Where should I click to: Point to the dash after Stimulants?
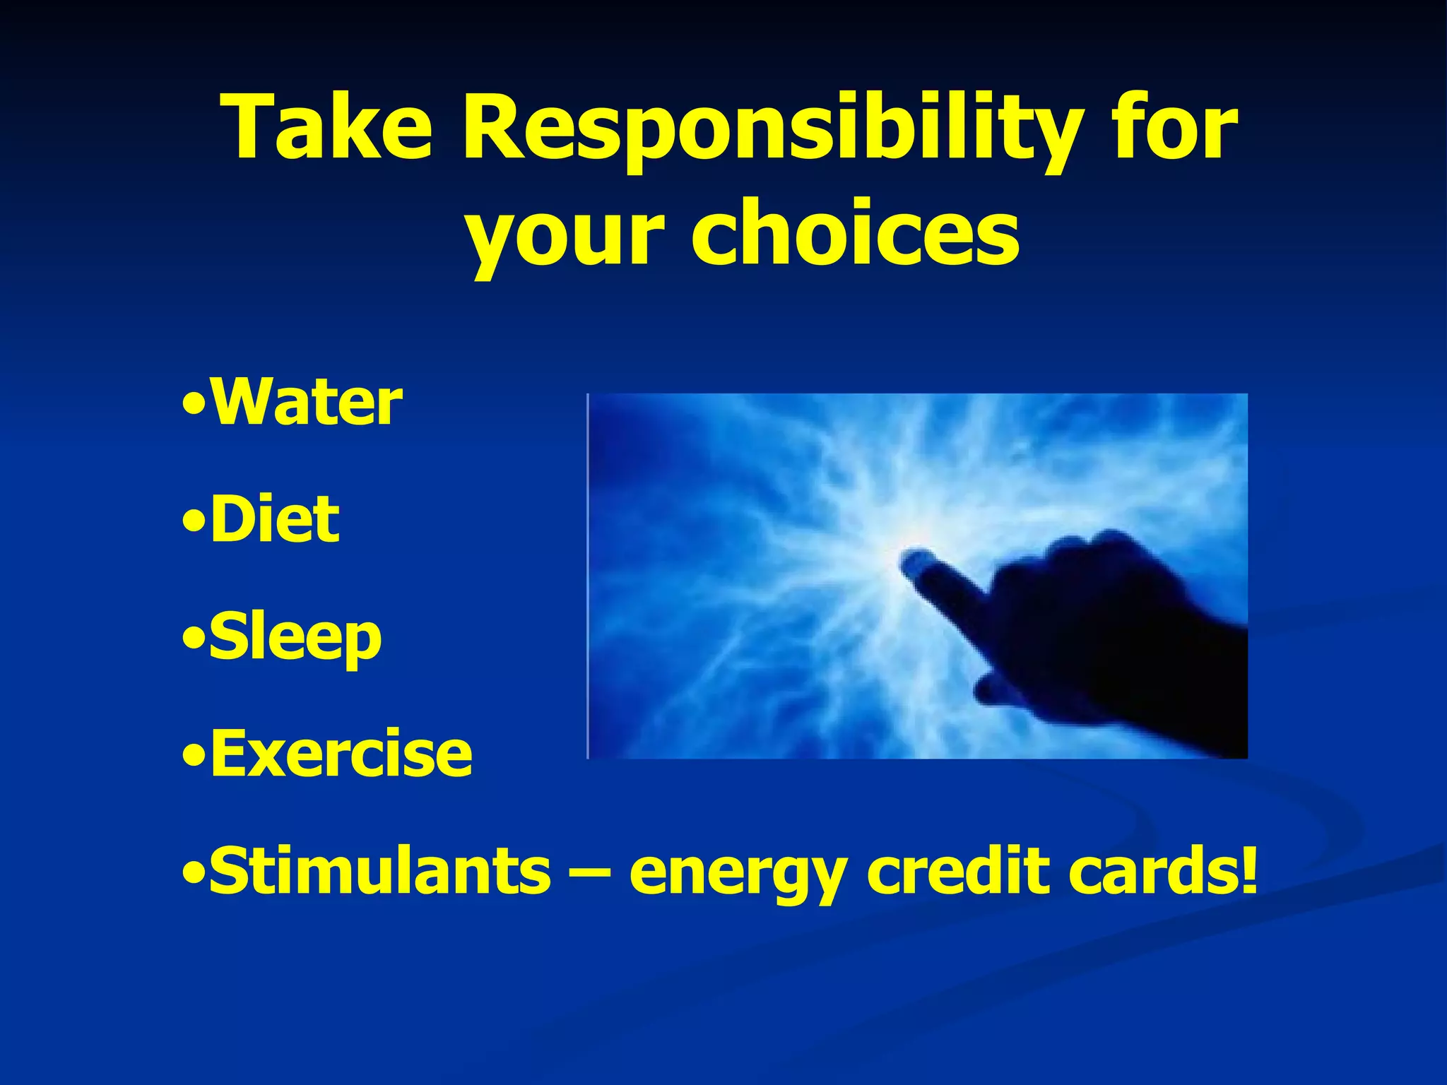(x=589, y=873)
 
